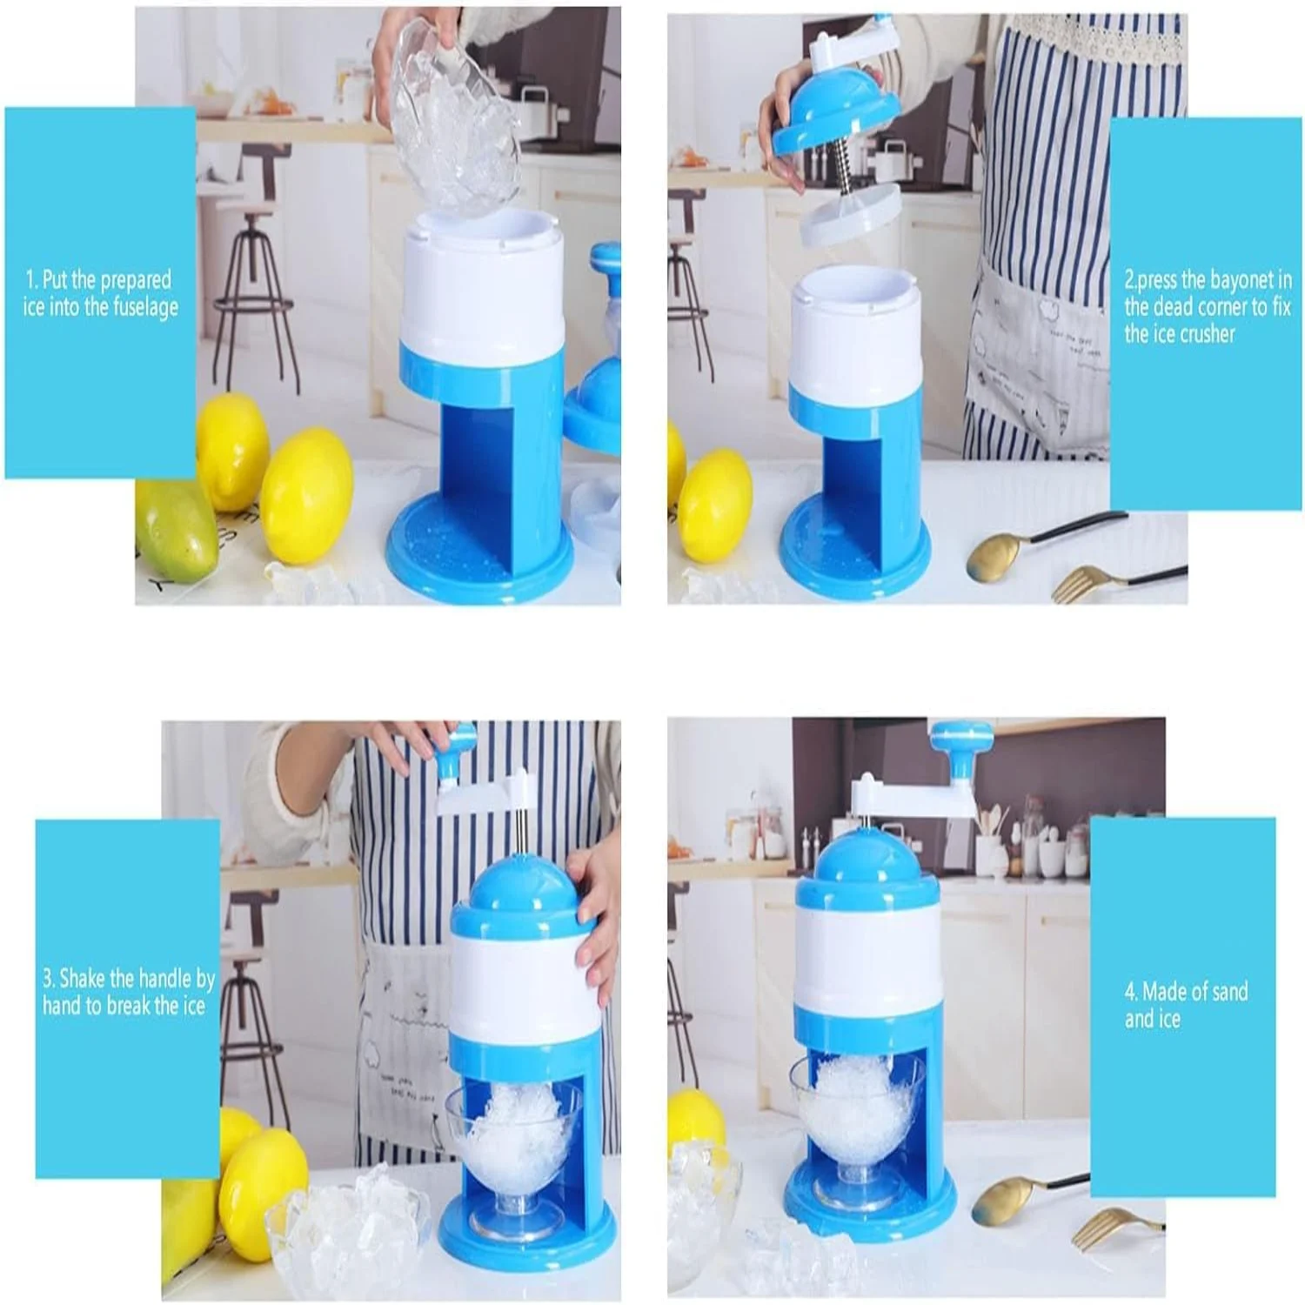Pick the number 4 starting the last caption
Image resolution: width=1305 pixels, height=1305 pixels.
point(1130,992)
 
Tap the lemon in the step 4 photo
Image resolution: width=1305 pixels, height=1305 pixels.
point(696,1122)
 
